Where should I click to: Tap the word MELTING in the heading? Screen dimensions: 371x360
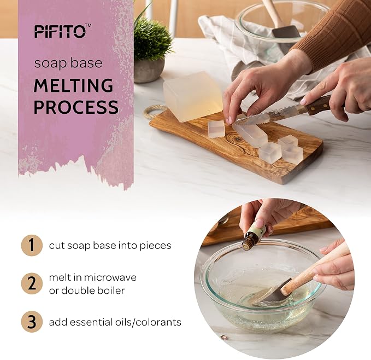click(74, 85)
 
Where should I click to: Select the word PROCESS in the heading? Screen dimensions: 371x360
click(76, 107)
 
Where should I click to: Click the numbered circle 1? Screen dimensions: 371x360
click(32, 245)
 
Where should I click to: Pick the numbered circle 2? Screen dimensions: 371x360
click(32, 283)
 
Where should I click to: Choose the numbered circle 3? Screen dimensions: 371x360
click(32, 321)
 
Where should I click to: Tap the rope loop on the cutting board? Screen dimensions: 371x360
click(151, 112)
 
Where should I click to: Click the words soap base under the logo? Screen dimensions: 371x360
click(68, 63)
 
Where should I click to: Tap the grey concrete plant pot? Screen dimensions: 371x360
click(149, 71)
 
